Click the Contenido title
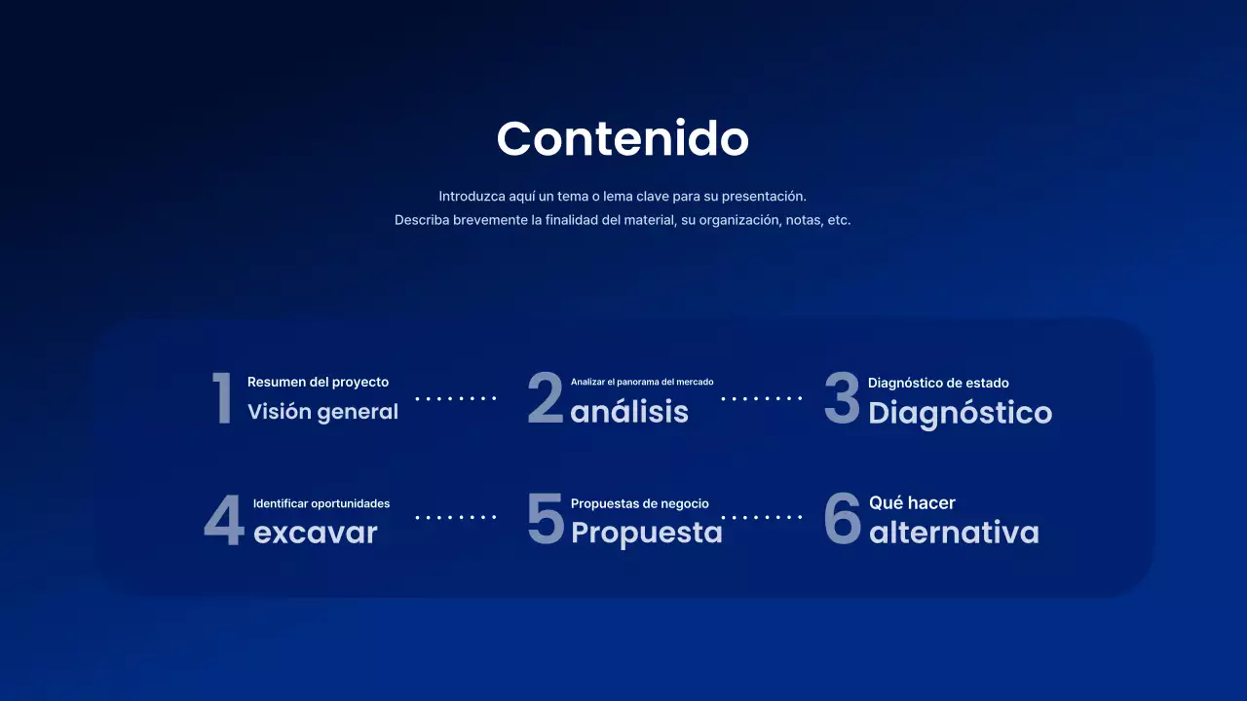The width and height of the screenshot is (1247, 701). tap(623, 138)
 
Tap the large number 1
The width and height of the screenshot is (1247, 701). tap(223, 398)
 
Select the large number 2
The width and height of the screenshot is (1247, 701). tap(546, 398)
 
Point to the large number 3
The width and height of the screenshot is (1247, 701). tap(842, 398)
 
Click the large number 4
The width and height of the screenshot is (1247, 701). tap(223, 520)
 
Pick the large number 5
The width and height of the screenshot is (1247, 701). tap(546, 518)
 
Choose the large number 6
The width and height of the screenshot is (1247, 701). tap(843, 519)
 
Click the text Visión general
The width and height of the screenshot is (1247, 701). tap(322, 412)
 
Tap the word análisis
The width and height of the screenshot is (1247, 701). tap(629, 412)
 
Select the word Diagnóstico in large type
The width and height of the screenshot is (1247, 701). tap(960, 413)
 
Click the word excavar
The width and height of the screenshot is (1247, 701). tap(315, 533)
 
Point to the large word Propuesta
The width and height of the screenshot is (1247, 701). tap(646, 533)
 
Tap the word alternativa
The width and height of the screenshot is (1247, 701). tap(954, 533)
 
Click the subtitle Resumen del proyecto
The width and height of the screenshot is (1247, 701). tap(318, 382)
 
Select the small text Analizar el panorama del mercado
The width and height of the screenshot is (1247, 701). tap(642, 382)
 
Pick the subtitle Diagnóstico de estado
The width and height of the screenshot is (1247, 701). tap(938, 383)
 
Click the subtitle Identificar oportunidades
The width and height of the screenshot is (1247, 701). tap(321, 503)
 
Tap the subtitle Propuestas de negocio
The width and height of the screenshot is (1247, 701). tap(639, 503)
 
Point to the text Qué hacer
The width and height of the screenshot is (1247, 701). tap(912, 502)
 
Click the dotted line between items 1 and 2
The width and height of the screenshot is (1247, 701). tap(456, 398)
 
